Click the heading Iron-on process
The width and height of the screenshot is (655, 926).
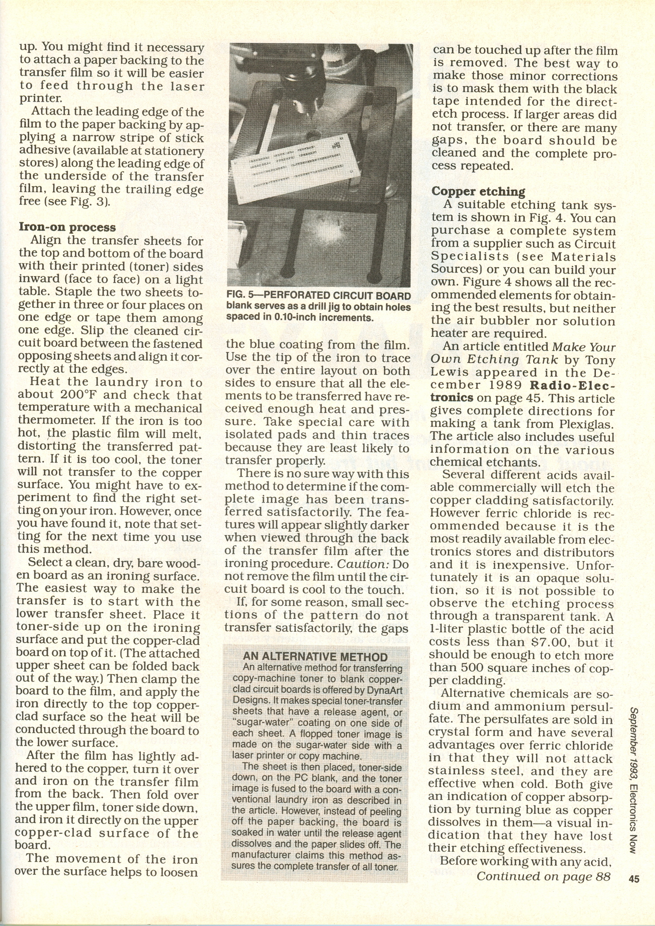click(67, 227)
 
